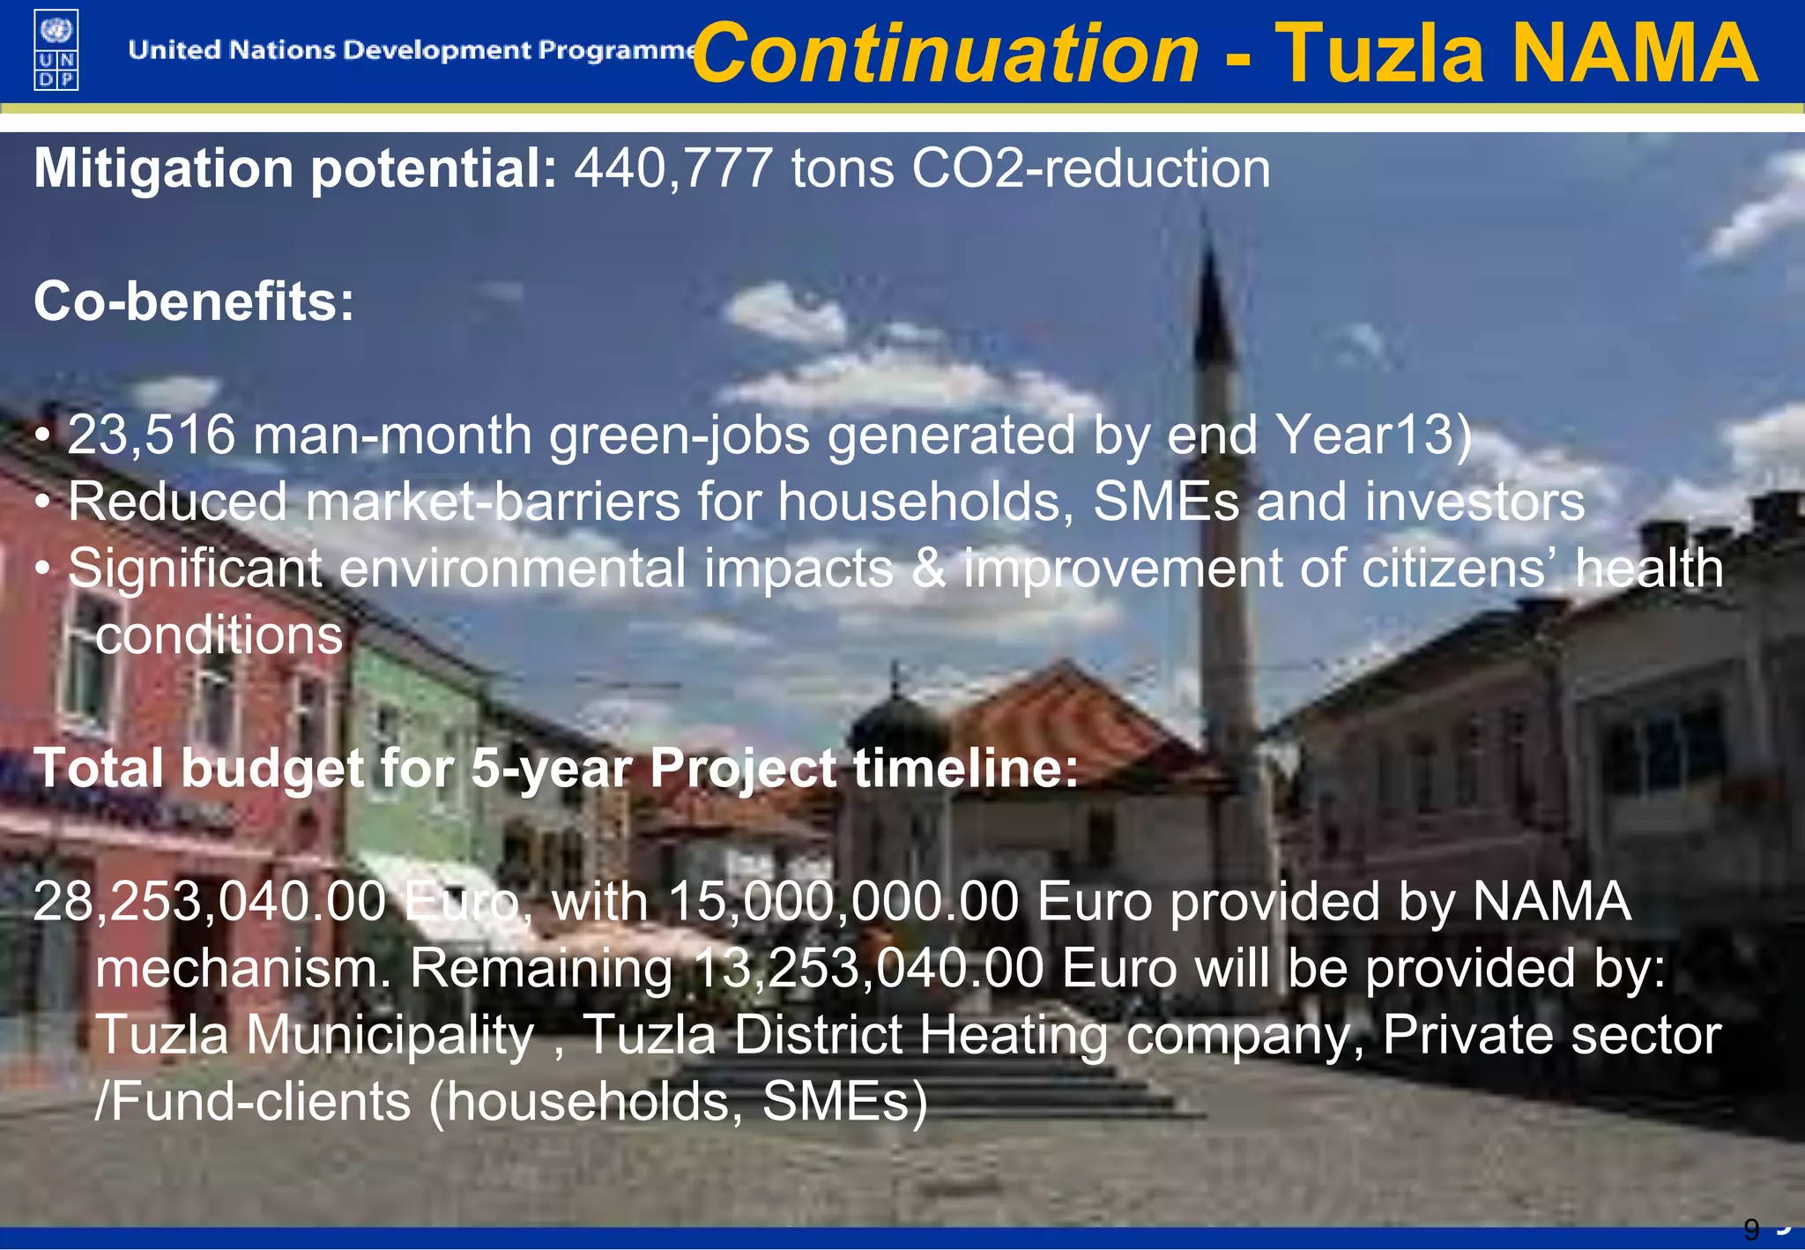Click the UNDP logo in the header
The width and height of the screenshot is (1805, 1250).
pos(56,49)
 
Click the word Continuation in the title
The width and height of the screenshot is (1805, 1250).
pos(946,54)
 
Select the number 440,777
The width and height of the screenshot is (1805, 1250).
pos(673,168)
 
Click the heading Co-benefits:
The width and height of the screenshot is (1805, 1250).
pos(194,301)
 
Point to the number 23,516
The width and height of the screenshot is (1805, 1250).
pos(152,435)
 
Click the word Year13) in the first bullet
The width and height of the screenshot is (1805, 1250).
pos(1373,435)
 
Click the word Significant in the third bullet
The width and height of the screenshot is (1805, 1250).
pos(195,569)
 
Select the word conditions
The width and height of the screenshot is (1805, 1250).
pos(219,635)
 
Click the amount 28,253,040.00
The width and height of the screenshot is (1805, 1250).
pos(210,902)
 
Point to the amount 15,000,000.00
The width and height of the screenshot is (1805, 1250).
pos(843,902)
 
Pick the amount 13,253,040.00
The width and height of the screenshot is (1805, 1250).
pos(868,968)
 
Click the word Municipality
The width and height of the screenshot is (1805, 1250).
pos(390,1035)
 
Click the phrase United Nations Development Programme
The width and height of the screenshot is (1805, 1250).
pos(412,50)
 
